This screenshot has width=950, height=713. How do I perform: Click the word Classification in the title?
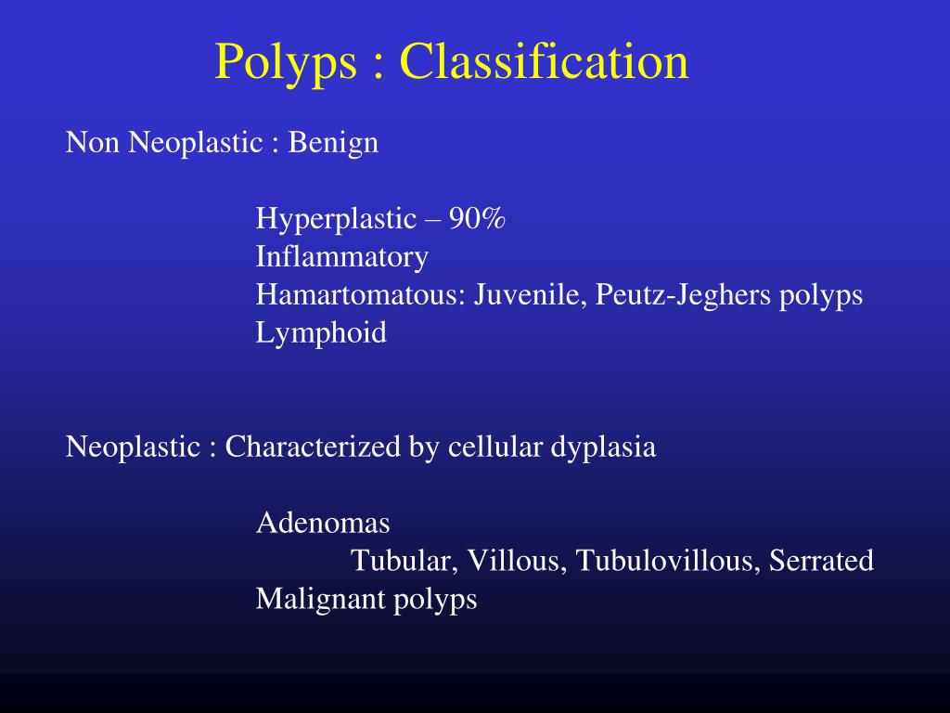(545, 61)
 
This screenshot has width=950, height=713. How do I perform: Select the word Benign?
(333, 143)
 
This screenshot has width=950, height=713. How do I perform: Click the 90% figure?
(478, 219)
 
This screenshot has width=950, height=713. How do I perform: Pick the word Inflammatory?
(342, 256)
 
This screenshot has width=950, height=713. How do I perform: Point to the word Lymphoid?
(321, 332)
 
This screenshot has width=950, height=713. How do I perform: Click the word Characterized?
(314, 447)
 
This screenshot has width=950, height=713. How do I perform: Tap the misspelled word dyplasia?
(604, 447)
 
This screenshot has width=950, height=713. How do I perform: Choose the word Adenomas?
(323, 523)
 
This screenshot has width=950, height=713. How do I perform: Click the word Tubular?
(404, 561)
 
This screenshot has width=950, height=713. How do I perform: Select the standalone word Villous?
(517, 561)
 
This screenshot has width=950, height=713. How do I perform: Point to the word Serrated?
(821, 561)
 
